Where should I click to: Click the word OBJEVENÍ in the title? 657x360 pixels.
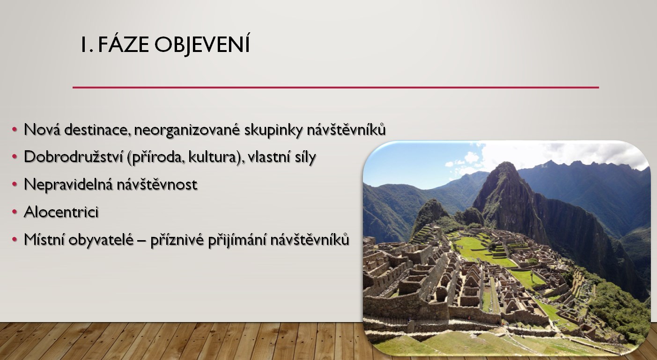202,44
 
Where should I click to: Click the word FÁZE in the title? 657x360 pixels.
123,44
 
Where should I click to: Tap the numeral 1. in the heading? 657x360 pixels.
87,45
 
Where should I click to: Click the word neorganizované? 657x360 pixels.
187,130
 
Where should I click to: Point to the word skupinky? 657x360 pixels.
273,130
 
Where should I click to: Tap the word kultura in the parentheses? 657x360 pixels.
212,157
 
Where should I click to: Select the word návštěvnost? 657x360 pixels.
157,184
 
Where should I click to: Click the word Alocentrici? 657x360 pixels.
61,212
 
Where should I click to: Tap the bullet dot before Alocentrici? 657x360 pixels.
15,212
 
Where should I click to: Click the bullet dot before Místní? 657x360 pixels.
15,240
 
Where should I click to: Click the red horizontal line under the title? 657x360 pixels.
336,88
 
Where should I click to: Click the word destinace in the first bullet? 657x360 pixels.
98,130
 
